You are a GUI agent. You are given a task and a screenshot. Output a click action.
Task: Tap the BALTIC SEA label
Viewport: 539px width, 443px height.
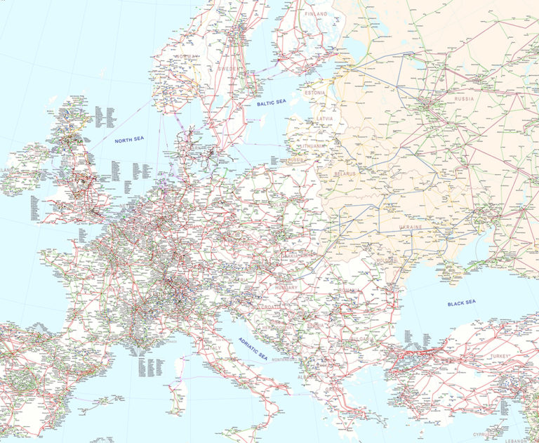pos(272,103)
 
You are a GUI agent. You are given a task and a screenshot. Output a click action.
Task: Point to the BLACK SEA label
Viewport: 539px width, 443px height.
pos(462,303)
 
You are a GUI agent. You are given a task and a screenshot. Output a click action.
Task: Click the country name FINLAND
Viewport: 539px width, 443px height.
pos(317,13)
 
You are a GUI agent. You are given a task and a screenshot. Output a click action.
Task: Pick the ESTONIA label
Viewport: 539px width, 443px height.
pos(315,93)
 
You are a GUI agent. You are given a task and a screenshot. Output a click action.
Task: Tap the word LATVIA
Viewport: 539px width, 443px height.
pos(325,119)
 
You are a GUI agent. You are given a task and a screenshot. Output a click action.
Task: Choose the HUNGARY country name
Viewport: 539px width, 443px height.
pos(286,287)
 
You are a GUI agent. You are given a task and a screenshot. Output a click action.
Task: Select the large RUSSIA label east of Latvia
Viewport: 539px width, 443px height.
pos(464,99)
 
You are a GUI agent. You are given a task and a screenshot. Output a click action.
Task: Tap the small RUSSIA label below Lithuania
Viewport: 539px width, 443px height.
pos(297,160)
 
